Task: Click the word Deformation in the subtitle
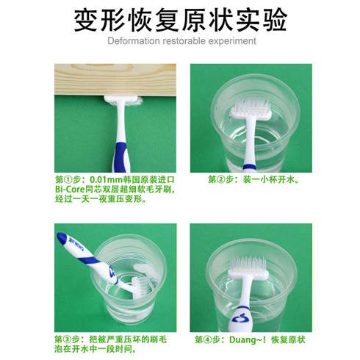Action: (132, 42)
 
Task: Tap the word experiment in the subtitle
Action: (231, 42)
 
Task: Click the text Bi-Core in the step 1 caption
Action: (71, 188)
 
